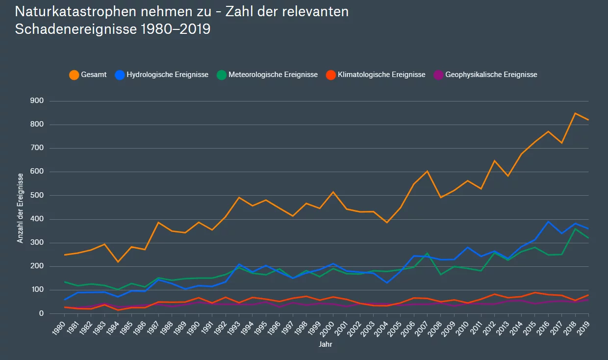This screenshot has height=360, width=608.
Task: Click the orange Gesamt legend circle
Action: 74,75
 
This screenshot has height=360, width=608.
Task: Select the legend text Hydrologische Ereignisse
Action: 167,75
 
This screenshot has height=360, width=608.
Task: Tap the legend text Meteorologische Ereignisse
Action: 273,75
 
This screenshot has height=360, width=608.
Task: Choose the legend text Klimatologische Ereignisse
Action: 381,75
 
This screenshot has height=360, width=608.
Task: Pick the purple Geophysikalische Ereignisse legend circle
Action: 438,75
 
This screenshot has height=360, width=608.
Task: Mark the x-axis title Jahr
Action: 325,345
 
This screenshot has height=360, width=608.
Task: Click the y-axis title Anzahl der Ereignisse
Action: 21,208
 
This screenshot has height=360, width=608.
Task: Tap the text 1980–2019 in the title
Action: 175,29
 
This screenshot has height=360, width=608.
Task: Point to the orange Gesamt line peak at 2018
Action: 575,113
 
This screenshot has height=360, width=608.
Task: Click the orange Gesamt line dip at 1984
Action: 118,262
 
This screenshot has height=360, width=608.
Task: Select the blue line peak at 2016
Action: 548,222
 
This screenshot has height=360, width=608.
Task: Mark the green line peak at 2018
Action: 575,229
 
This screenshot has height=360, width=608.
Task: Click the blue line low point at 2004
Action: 387,283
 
